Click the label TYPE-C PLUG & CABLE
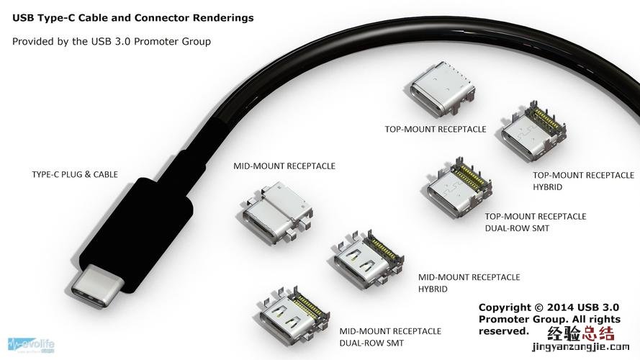75,174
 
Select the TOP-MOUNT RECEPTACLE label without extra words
436,130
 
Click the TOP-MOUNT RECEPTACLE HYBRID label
583,181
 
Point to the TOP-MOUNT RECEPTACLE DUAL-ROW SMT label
535,222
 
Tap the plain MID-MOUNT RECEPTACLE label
284,166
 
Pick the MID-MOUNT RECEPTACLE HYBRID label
469,282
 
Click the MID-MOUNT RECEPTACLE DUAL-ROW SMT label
389,337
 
